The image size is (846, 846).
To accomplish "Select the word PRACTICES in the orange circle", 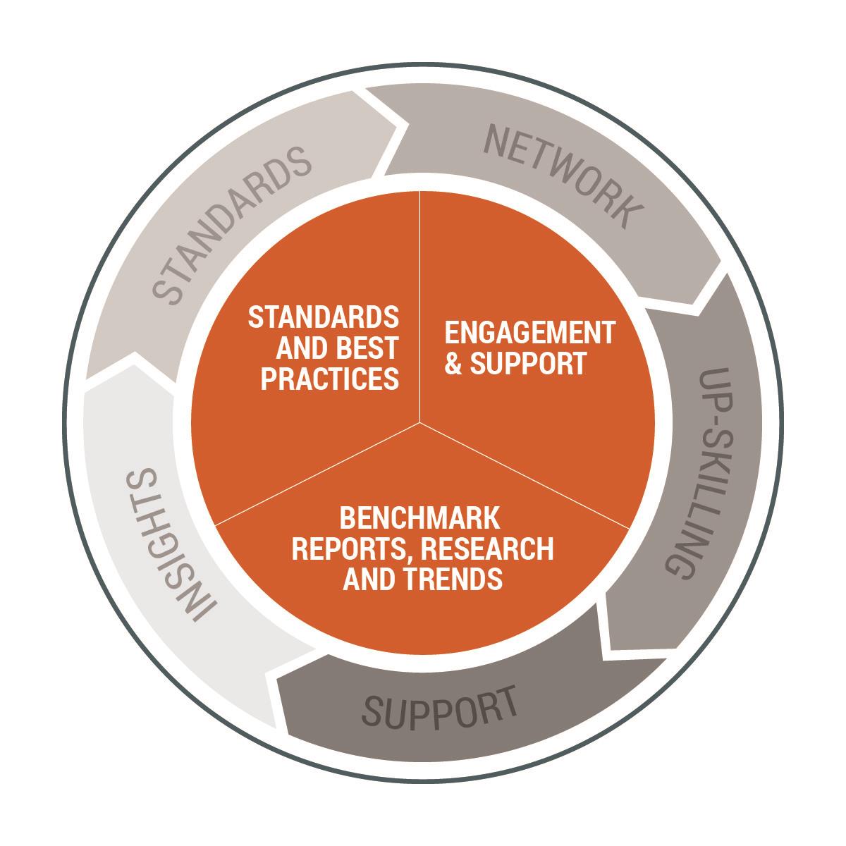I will pos(329,379).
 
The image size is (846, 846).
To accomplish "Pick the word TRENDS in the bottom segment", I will pos(455,579).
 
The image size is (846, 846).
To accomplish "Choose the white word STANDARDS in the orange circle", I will pos(324,317).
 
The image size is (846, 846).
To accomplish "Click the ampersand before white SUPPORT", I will pos(454,364).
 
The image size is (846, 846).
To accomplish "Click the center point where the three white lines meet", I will pos(420,423).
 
